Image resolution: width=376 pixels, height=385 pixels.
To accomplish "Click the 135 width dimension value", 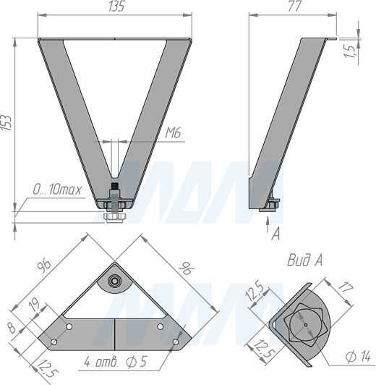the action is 116,6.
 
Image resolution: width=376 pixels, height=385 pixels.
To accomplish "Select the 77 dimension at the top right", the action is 294,6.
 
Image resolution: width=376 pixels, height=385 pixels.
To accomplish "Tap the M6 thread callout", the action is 173,133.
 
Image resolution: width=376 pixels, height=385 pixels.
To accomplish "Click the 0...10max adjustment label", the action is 57,190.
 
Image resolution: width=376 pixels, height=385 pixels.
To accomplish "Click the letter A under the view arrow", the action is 275,233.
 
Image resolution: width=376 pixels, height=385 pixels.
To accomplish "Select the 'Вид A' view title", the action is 304,261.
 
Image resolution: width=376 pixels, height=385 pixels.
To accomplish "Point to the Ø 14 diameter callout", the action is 358,356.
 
